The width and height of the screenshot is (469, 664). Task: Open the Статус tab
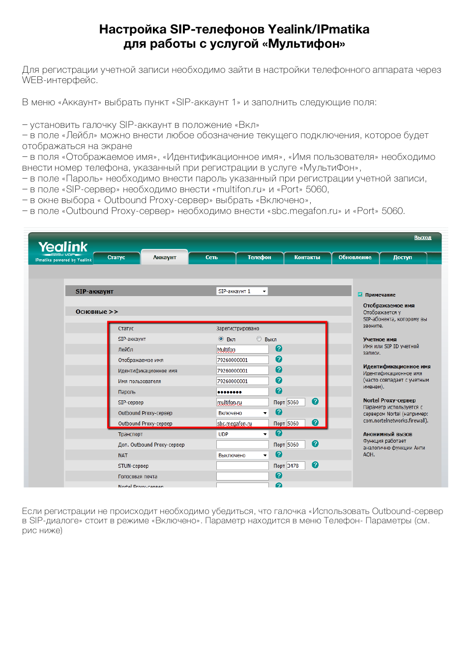click(x=117, y=257)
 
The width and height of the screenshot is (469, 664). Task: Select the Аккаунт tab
click(x=165, y=257)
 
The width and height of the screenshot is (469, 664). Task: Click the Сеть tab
click(x=211, y=257)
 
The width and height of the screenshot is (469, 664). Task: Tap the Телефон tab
click(x=259, y=257)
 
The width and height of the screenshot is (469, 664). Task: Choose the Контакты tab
click(x=307, y=257)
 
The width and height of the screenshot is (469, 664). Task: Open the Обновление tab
click(x=355, y=257)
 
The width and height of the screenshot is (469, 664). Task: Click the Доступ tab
click(x=402, y=257)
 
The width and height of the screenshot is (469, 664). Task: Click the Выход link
click(x=422, y=238)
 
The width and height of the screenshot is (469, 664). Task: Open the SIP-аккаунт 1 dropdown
click(x=242, y=291)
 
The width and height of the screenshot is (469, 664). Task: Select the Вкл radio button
click(x=221, y=339)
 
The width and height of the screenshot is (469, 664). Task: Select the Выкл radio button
click(x=259, y=339)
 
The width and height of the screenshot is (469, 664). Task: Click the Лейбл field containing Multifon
click(x=242, y=350)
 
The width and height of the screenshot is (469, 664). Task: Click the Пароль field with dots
click(x=242, y=392)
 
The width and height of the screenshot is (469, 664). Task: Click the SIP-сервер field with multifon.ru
click(x=242, y=402)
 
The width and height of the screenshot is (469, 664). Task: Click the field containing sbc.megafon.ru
click(x=242, y=423)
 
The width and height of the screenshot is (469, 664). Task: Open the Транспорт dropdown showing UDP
click(x=242, y=434)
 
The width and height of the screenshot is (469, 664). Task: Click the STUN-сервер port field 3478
click(x=295, y=466)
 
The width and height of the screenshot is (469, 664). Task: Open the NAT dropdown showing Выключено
click(x=242, y=455)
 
